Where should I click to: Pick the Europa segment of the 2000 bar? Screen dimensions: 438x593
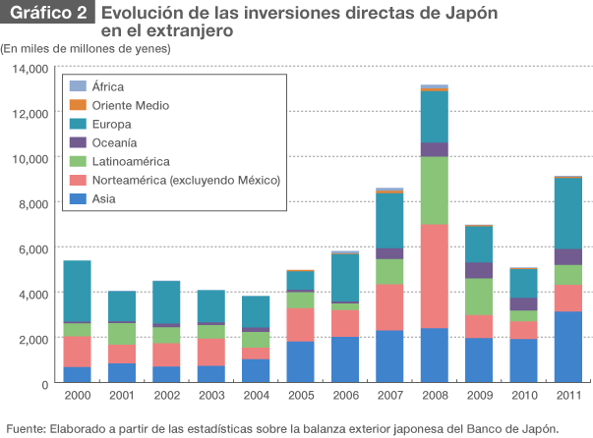pyautogui.click(x=77, y=291)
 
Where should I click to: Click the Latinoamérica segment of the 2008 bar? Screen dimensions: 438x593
pyautogui.click(x=434, y=191)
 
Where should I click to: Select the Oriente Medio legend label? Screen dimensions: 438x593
pyautogui.click(x=131, y=105)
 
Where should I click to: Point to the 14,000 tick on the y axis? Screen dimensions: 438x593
pyautogui.click(x=30, y=68)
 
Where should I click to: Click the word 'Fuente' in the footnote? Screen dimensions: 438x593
pyautogui.click(x=26, y=427)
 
